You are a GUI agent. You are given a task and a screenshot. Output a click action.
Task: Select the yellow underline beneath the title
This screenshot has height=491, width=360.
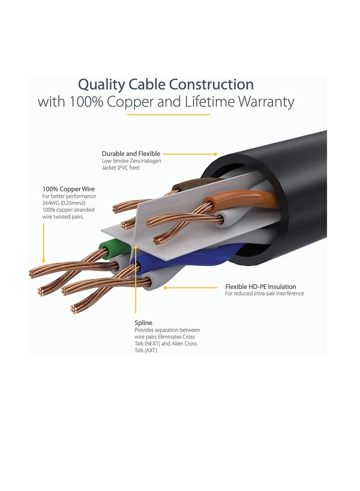point(168,114)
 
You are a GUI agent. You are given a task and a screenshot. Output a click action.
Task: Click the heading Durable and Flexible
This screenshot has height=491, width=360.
point(131,154)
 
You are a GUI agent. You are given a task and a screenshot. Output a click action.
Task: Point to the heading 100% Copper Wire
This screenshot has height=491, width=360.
point(68,189)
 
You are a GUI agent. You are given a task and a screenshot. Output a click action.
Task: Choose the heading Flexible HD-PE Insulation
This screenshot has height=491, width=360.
point(261,287)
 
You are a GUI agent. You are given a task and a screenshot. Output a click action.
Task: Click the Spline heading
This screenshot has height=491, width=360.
point(144,323)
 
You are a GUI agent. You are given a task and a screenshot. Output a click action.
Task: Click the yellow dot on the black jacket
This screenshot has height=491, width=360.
point(215,154)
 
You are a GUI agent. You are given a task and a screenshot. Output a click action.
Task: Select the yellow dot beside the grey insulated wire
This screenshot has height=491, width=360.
point(165,287)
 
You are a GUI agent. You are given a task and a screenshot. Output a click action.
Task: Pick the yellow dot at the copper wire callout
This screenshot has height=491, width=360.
point(44,260)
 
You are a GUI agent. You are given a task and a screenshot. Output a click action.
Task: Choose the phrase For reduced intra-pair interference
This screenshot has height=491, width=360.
point(265,294)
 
